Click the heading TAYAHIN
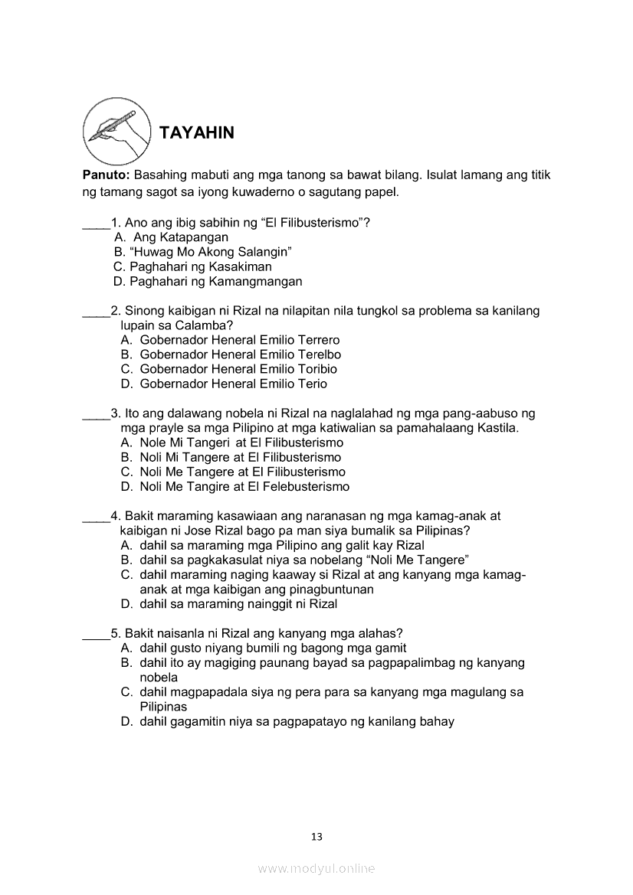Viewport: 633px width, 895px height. pyautogui.click(x=196, y=132)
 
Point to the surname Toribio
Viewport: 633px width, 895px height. pyautogui.click(x=312, y=369)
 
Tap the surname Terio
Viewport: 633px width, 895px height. pyautogui.click(x=307, y=384)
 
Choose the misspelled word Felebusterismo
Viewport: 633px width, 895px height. pyautogui.click(x=300, y=486)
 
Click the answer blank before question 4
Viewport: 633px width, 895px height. pyautogui.click(x=96, y=517)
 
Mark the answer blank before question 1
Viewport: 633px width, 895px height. pyautogui.click(x=96, y=224)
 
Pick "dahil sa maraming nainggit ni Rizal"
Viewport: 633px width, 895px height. pyautogui.click(x=238, y=603)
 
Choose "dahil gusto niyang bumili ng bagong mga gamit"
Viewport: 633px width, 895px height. pyautogui.click(x=273, y=648)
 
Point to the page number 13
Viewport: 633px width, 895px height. pyautogui.click(x=316, y=837)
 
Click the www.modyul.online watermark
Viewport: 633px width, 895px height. pyautogui.click(x=316, y=868)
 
